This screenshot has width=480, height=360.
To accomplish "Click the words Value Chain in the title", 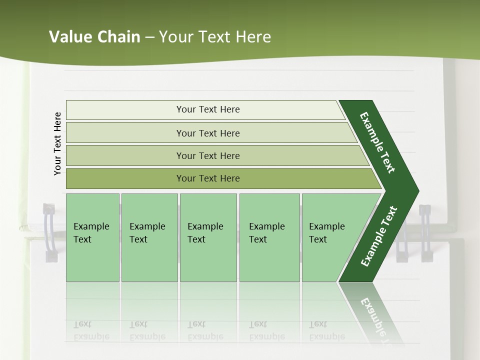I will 94,37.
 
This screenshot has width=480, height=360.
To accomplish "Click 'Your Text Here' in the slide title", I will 215,37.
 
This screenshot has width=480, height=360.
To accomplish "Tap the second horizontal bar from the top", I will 208,133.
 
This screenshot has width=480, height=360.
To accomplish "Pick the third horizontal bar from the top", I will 208,155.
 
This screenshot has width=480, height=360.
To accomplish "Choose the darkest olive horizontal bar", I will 208,178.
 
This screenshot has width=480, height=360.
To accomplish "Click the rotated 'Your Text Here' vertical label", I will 57,143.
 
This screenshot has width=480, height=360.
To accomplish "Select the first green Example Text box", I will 92,237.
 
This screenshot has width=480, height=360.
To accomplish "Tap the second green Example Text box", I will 149,237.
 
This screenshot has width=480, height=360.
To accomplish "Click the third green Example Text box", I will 207,237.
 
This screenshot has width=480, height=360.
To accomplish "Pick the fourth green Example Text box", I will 269,237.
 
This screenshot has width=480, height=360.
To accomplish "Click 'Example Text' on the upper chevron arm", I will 377,142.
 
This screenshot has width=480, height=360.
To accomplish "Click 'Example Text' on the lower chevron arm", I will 379,236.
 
